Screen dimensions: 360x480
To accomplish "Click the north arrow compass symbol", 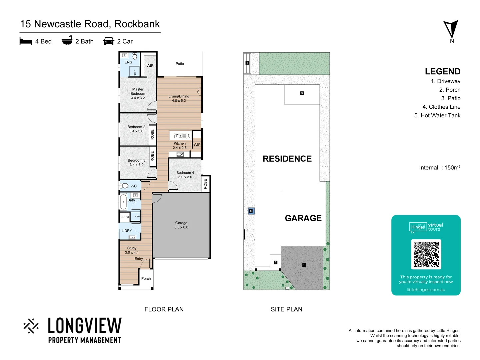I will pyautogui.click(x=451, y=29).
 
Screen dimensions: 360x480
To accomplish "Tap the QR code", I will pyautogui.click(x=426, y=254).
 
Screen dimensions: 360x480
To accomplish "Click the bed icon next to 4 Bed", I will pyautogui.click(x=26, y=41).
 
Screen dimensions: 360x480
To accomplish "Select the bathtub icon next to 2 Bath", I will pyautogui.click(x=67, y=40).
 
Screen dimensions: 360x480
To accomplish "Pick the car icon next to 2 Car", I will pyautogui.click(x=109, y=41).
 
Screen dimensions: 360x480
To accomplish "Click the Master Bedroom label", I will pyautogui.click(x=138, y=94).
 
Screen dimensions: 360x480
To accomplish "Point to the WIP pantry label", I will pyautogui.click(x=197, y=145).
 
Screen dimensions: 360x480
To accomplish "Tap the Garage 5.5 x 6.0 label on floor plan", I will pyautogui.click(x=181, y=225).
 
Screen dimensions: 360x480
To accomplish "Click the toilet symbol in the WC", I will pyautogui.click(x=124, y=186).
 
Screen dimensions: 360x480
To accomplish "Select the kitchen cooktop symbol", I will pyautogui.click(x=180, y=154).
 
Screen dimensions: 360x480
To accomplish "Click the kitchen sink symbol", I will pyautogui.click(x=180, y=136).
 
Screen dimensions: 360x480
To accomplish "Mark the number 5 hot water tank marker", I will pyautogui.click(x=251, y=211).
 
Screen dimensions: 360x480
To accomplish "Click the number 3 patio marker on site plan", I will pyautogui.click(x=302, y=93).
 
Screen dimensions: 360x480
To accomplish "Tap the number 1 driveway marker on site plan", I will pyautogui.click(x=304, y=265).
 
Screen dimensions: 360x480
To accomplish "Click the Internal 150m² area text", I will pyautogui.click(x=439, y=168).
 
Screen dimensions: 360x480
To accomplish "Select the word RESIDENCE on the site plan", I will pyautogui.click(x=287, y=159).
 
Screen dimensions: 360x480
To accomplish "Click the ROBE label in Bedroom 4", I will pyautogui.click(x=205, y=184).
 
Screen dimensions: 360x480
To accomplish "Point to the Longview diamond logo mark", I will pyautogui.click(x=31, y=326).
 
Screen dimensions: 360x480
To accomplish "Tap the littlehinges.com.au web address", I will pyautogui.click(x=426, y=290).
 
